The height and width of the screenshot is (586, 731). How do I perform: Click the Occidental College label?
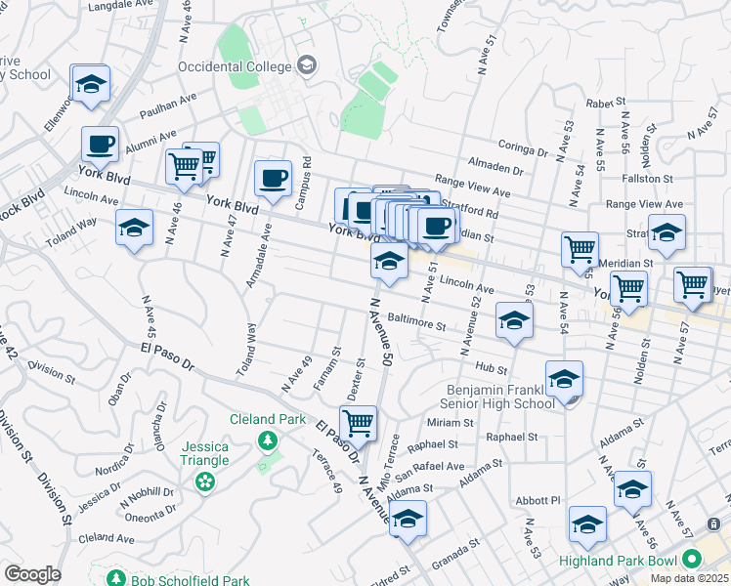pyautogui.click(x=235, y=66)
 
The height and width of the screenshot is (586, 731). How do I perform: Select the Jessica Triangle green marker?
pyautogui.click(x=204, y=481)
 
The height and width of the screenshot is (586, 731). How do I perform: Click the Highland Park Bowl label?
pyautogui.click(x=618, y=562)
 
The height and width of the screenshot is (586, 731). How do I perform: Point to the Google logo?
pyautogui.click(x=32, y=574)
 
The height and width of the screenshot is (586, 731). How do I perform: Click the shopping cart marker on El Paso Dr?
pyautogui.click(x=359, y=422)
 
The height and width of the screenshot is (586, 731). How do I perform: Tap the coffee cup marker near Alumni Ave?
pyautogui.click(x=101, y=145)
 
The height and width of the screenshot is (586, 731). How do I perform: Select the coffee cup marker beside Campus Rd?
pyautogui.click(x=273, y=178)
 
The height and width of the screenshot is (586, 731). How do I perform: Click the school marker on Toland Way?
pyautogui.click(x=135, y=229)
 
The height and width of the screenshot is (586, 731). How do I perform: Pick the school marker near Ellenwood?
pyautogui.click(x=91, y=84)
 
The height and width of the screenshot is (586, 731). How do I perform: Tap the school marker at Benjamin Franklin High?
pyautogui.click(x=564, y=380)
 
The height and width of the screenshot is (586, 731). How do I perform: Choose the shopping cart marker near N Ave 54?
pyautogui.click(x=580, y=249)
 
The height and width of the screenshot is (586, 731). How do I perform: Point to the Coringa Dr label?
pyautogui.click(x=523, y=150)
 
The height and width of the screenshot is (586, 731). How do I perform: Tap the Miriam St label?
pyautogui.click(x=451, y=423)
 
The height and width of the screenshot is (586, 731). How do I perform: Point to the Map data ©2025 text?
pyautogui.click(x=680, y=578)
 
